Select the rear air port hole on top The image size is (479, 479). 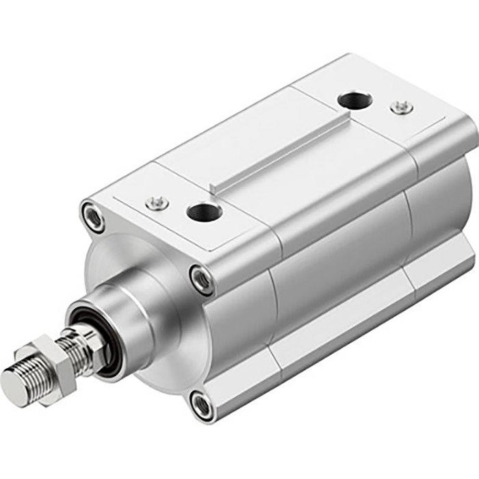coord(355,101)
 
